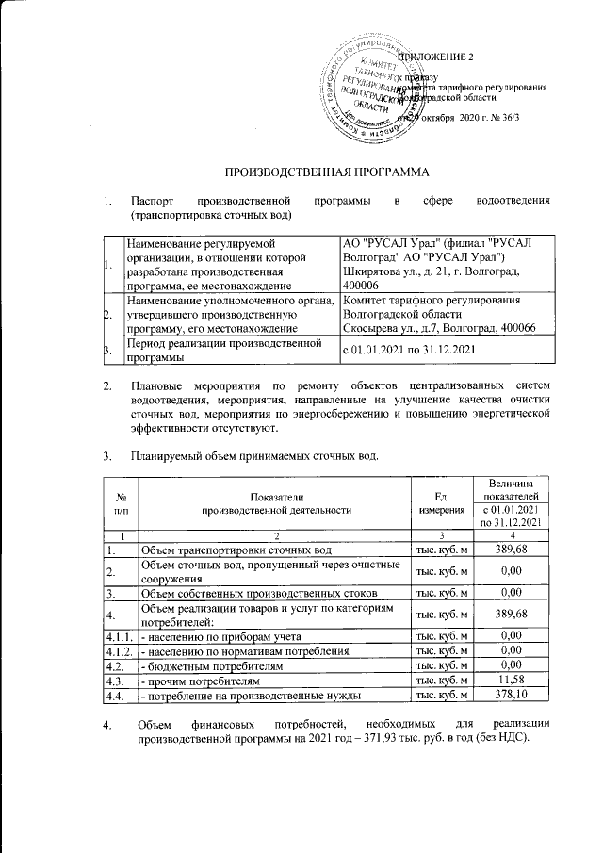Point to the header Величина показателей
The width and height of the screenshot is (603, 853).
pyautogui.click(x=510, y=489)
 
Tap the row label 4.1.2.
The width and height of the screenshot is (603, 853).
pyautogui.click(x=119, y=651)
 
